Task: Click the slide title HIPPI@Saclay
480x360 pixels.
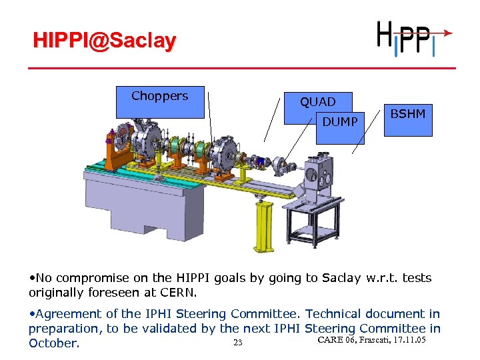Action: click(105, 41)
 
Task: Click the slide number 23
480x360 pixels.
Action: click(237, 343)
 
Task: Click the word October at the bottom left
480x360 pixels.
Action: click(53, 343)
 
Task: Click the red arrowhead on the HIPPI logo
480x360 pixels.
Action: click(449, 32)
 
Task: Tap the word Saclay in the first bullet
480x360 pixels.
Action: click(341, 277)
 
